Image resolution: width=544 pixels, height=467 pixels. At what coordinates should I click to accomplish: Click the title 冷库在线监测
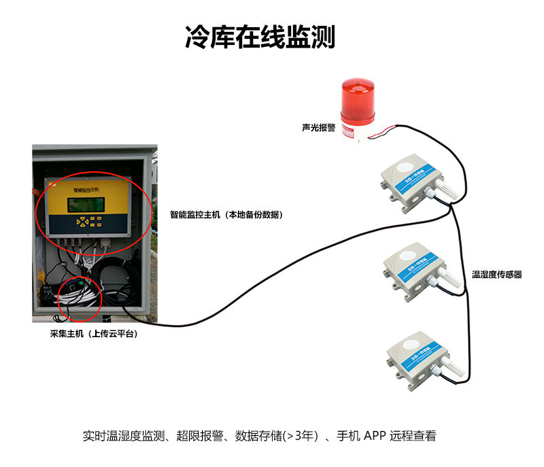click(260, 37)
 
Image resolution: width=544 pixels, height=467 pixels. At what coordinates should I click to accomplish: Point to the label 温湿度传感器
click(497, 275)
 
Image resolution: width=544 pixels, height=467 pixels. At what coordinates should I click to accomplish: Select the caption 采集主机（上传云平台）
click(88, 334)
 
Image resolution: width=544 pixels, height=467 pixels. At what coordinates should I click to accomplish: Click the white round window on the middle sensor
click(410, 256)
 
